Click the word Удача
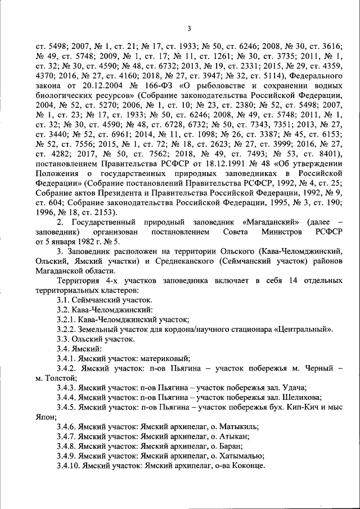click(x=292, y=388)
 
